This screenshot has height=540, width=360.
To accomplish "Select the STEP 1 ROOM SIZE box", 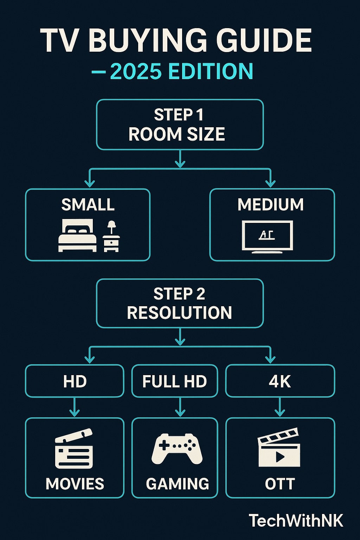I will (180, 124).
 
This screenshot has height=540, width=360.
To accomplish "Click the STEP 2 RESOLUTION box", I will (180, 303).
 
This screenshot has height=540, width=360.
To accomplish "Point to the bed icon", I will (77, 235).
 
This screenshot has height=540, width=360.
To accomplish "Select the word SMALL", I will (88, 205).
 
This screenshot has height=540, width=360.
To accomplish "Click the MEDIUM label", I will (270, 205).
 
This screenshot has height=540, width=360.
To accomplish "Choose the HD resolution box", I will (75, 381).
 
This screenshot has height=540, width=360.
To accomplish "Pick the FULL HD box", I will (175, 381).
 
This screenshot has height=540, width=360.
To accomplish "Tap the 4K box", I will (280, 381).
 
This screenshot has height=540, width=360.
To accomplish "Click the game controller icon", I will (177, 449).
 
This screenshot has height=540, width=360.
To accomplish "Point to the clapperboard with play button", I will (279, 448).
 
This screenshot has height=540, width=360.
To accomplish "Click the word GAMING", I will (177, 484).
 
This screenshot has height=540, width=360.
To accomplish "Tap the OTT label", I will (280, 484).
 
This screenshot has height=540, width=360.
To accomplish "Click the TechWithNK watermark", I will (296, 521).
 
